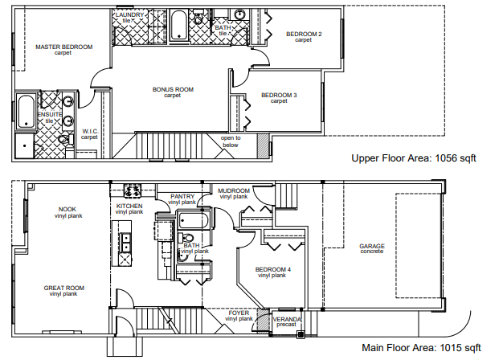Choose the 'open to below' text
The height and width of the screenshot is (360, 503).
pyautogui.click(x=231, y=141)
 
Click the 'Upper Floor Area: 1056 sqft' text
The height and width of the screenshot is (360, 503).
pyautogui.click(x=414, y=158)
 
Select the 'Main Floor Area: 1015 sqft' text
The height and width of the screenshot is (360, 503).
pyautogui.click(x=421, y=347)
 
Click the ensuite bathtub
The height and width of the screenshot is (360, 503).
pyautogui.click(x=26, y=112)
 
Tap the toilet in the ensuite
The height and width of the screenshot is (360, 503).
pyautogui.click(x=64, y=139)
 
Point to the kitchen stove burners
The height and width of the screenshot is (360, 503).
pyautogui.click(x=133, y=190)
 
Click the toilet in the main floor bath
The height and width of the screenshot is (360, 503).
pyautogui.click(x=186, y=238)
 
